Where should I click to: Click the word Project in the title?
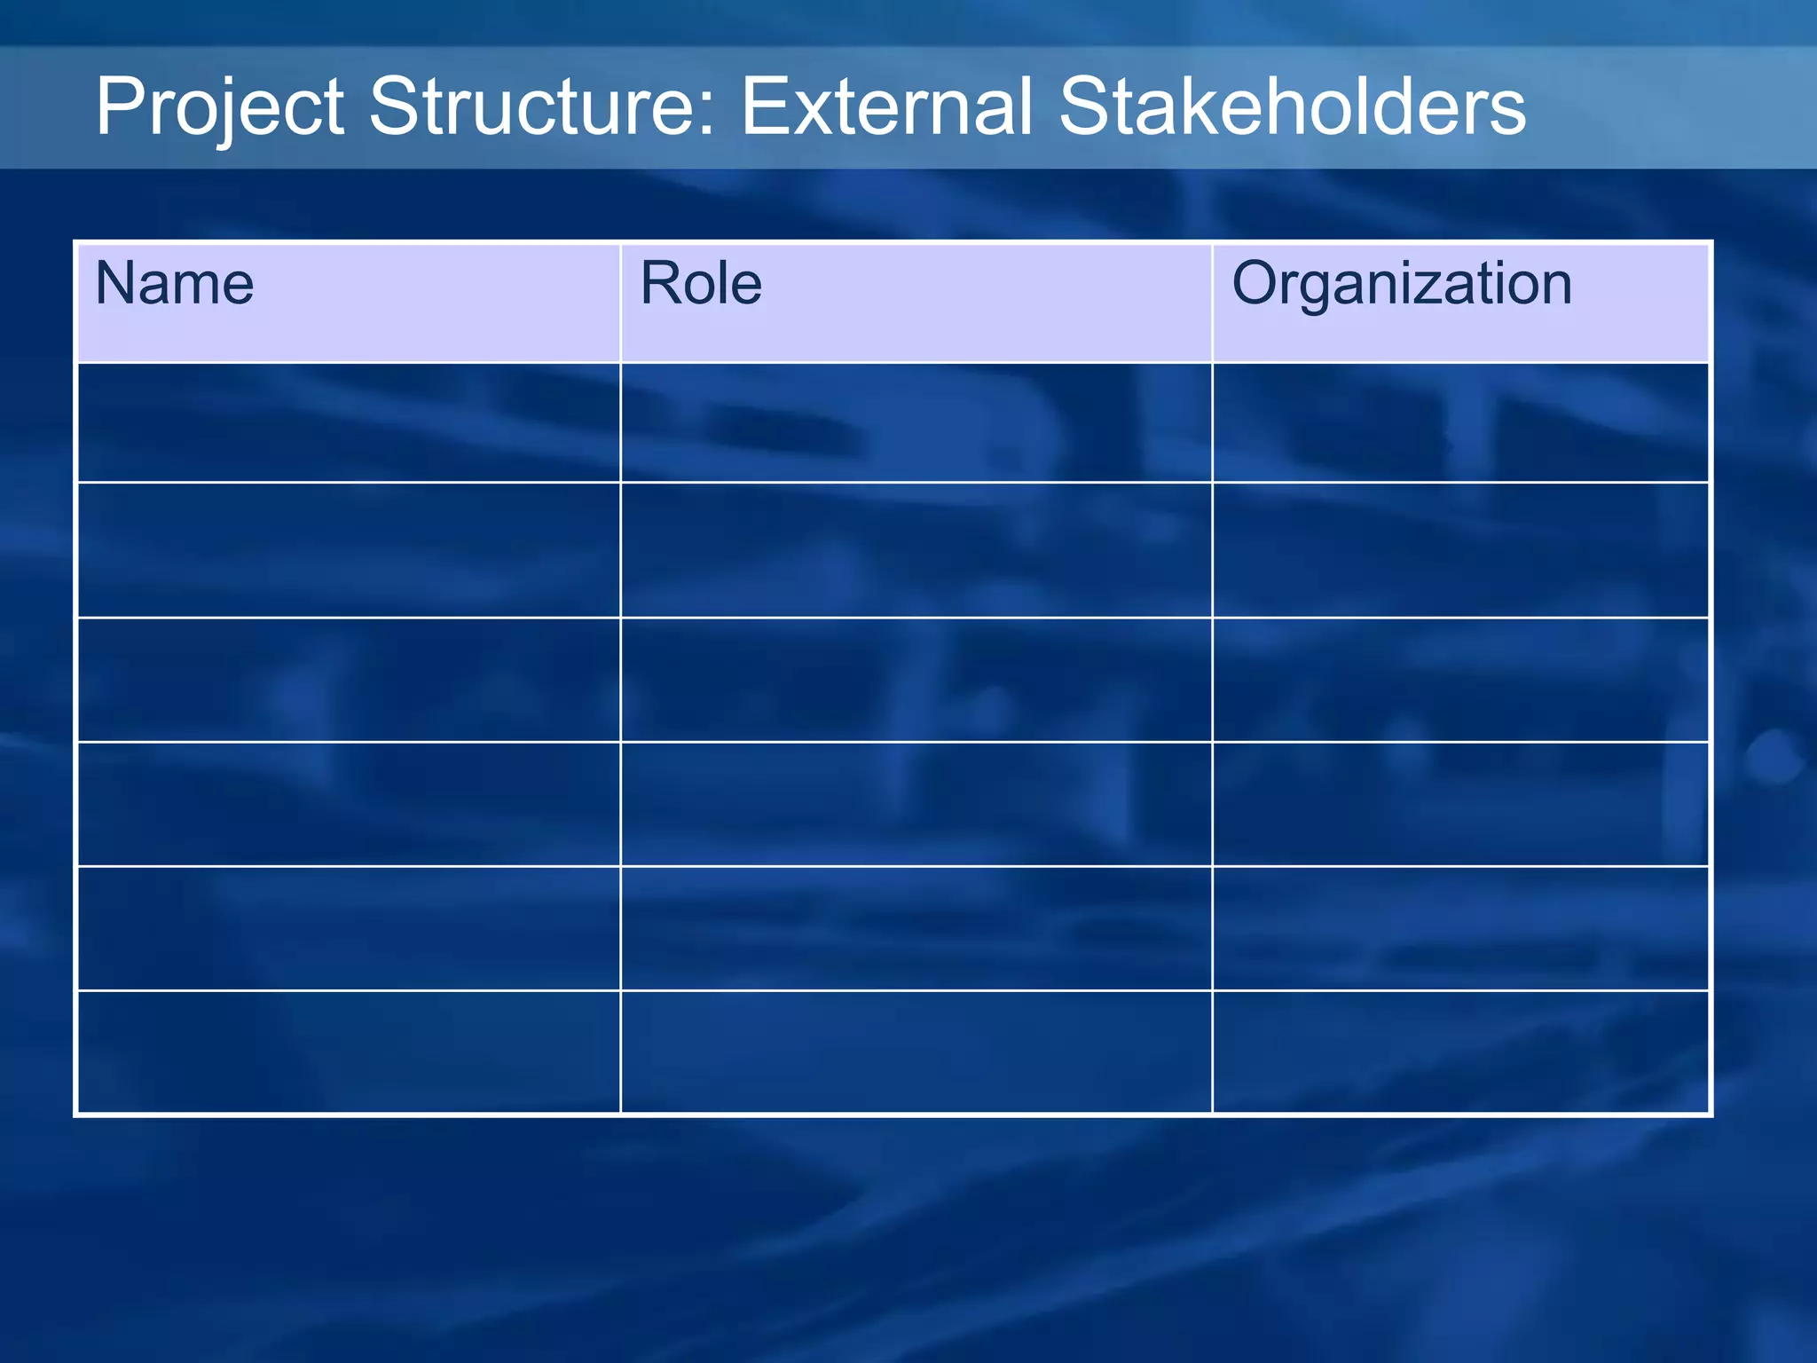pyautogui.click(x=219, y=107)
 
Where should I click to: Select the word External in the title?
pyautogui.click(x=887, y=107)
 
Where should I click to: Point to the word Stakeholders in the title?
pyautogui.click(x=1292, y=107)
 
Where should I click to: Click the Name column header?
pyautogui.click(x=175, y=284)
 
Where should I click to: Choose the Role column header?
pyautogui.click(x=701, y=284)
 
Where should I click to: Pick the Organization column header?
pyautogui.click(x=1402, y=284)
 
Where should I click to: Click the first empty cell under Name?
pyautogui.click(x=349, y=422)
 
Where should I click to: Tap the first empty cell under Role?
pyautogui.click(x=916, y=422)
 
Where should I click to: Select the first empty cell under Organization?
pyautogui.click(x=1460, y=422)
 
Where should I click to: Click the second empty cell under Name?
pyautogui.click(x=349, y=550)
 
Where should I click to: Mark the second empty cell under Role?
pyautogui.click(x=916, y=550)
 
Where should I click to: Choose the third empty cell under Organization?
pyautogui.click(x=1460, y=680)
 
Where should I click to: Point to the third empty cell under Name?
pyautogui.click(x=349, y=680)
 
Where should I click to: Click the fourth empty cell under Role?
pyautogui.click(x=916, y=804)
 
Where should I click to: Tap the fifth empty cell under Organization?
pyautogui.click(x=1460, y=928)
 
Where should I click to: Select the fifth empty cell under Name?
pyautogui.click(x=349, y=928)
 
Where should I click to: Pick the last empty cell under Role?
pyautogui.click(x=916, y=1052)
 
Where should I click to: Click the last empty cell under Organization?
pyautogui.click(x=1460, y=1052)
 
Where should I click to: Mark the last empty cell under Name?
pyautogui.click(x=349, y=1052)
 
